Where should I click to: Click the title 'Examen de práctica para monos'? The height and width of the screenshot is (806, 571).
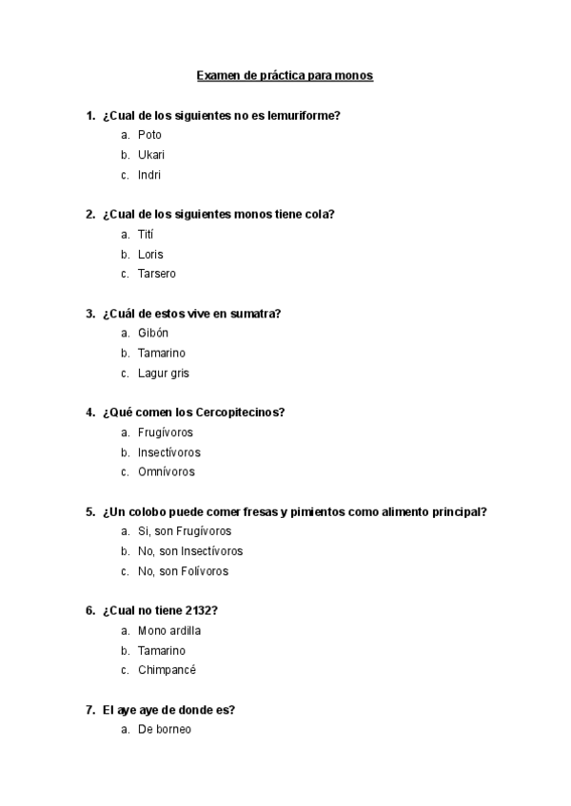(285, 75)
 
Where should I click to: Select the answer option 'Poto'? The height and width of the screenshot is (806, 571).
(149, 135)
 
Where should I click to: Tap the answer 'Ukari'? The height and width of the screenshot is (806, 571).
(151, 155)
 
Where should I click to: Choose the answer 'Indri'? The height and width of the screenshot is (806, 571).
(149, 175)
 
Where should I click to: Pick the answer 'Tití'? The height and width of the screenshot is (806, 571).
(146, 234)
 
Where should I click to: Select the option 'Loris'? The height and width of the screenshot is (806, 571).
(150, 254)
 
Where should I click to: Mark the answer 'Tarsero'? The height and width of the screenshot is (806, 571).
(157, 274)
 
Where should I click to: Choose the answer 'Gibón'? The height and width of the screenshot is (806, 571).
(154, 334)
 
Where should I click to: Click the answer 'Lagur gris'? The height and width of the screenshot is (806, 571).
(164, 374)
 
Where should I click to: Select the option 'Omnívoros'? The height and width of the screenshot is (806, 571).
(167, 472)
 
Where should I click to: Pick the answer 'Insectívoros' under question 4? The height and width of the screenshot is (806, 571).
(169, 452)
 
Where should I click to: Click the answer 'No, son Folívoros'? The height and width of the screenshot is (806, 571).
(183, 571)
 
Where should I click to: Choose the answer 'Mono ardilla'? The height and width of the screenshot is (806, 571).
(169, 630)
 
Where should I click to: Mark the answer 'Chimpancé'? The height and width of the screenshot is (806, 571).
(167, 670)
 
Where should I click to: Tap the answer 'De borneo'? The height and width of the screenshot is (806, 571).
(165, 730)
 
